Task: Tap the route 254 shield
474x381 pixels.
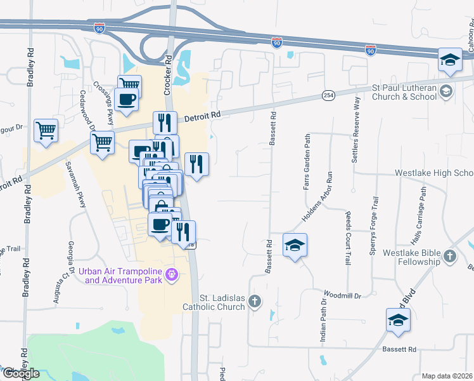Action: (x=328, y=95)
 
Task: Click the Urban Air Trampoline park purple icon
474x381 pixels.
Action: (x=170, y=274)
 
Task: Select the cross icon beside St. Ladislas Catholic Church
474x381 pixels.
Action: (x=255, y=301)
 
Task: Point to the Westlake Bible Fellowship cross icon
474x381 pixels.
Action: (x=449, y=257)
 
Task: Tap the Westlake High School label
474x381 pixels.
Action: (x=434, y=173)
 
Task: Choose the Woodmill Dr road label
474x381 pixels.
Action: (x=342, y=295)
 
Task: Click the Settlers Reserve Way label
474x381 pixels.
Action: (x=356, y=120)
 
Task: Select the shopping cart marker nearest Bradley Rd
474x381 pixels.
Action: (x=46, y=131)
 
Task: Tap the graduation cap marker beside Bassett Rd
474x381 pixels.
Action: (x=295, y=245)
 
